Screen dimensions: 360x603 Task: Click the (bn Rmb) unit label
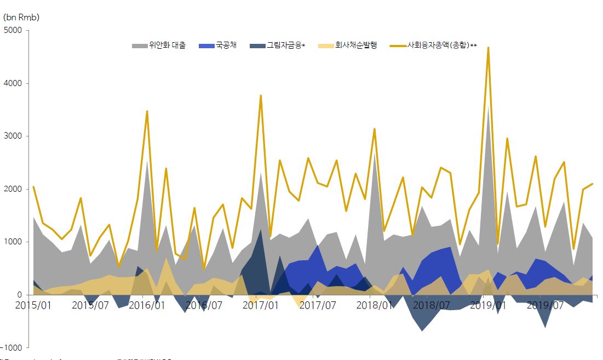pyautogui.click(x=21, y=18)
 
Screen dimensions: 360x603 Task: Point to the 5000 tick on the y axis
pyautogui.click(x=12, y=31)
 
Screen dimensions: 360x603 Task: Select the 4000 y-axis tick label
pyautogui.click(x=12, y=83)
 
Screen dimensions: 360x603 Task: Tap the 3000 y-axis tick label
pyautogui.click(x=12, y=136)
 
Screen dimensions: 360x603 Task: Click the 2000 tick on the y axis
pyautogui.click(x=12, y=189)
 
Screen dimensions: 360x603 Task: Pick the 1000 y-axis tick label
pyautogui.click(x=12, y=242)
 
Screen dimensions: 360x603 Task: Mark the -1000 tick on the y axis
pyautogui.click(x=11, y=347)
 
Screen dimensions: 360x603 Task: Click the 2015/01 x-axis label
pyautogui.click(x=33, y=305)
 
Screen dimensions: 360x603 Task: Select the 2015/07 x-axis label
pyautogui.click(x=90, y=305)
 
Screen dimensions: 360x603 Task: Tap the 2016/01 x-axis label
pyautogui.click(x=146, y=305)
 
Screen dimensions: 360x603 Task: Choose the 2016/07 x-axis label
pyautogui.click(x=203, y=305)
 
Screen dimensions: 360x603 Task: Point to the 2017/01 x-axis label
pyautogui.click(x=260, y=305)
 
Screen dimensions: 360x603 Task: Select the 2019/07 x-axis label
pyautogui.click(x=544, y=305)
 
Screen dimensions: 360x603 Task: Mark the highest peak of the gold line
pyautogui.click(x=488, y=48)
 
